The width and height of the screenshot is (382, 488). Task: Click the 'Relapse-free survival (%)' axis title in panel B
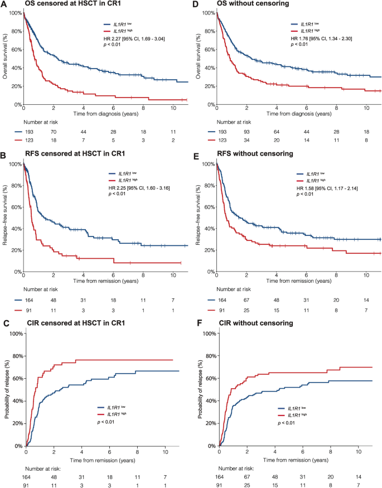pos(5,217)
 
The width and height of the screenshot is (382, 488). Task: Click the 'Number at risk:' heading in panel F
pos(237,469)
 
